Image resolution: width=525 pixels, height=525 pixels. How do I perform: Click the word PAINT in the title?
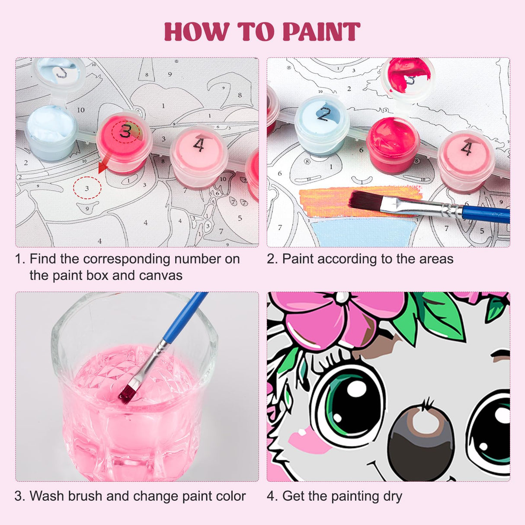pos(321,32)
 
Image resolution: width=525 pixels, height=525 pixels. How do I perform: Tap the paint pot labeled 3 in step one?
pos(124,141)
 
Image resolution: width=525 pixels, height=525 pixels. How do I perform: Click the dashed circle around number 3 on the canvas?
pos(87,188)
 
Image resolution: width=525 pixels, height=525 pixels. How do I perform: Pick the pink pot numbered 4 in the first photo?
pos(198,154)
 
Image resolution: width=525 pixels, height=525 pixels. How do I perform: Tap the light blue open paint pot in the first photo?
pos(51,130)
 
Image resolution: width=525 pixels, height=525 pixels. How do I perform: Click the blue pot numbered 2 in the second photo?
pos(322,123)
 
